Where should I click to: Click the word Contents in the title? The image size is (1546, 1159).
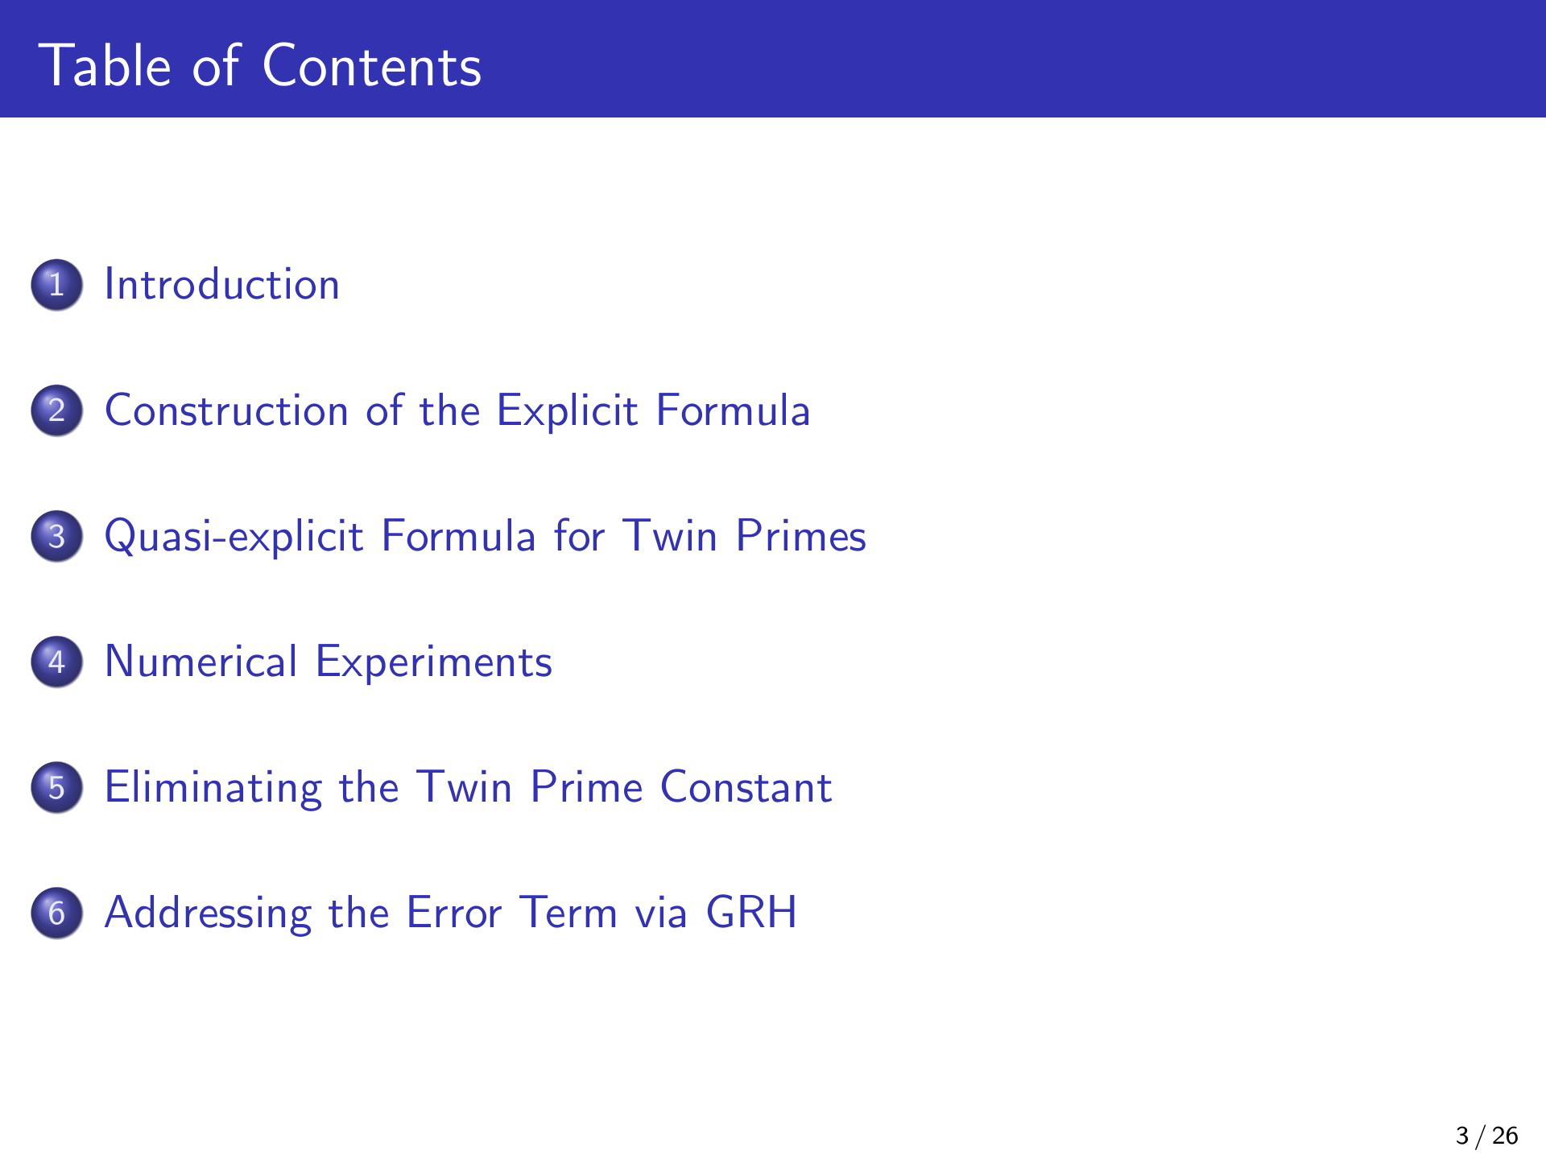tap(372, 65)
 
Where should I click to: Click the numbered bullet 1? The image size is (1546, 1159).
tap(56, 284)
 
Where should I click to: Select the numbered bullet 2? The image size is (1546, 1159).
tap(56, 410)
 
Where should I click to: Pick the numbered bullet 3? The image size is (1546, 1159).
tap(56, 535)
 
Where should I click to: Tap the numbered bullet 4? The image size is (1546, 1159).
tap(56, 661)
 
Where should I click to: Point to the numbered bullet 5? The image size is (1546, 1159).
tap(56, 786)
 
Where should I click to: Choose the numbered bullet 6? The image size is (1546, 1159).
tap(56, 912)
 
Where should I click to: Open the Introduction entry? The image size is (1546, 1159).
tap(222, 284)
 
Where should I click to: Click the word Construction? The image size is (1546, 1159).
tap(227, 410)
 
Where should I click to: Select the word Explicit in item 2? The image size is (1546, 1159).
tap(568, 411)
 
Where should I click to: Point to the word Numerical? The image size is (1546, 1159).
tap(201, 661)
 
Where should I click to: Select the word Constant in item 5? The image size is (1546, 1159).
tap(746, 786)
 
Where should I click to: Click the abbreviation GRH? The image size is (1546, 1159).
tap(751, 912)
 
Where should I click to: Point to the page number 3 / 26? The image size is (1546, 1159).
tap(1487, 1136)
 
